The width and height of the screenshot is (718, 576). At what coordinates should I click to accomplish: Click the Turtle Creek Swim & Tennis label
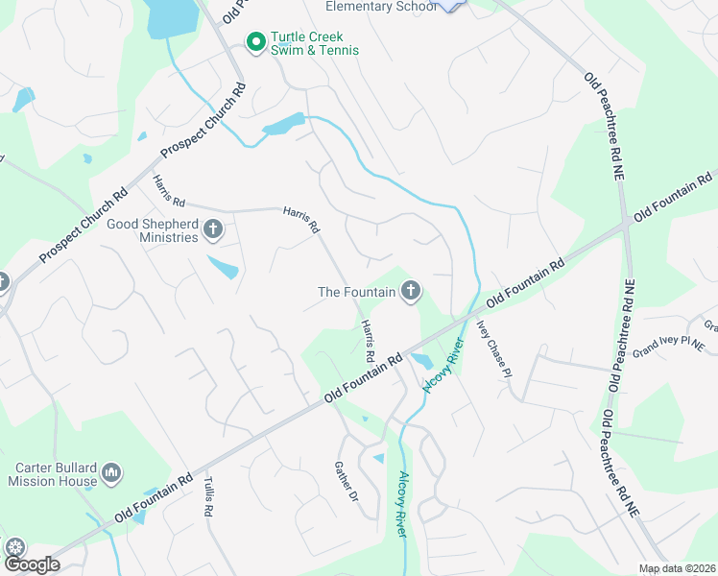pyautogui.click(x=315, y=43)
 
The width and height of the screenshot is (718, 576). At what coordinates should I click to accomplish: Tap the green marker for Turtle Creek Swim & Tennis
pyautogui.click(x=256, y=42)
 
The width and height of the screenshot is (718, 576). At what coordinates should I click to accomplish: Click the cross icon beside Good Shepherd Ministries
pyautogui.click(x=213, y=230)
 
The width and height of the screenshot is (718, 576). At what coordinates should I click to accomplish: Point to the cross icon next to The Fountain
pyautogui.click(x=411, y=291)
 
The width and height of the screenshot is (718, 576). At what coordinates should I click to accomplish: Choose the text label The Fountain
pyautogui.click(x=356, y=291)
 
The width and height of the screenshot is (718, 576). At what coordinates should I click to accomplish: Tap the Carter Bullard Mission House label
pyautogui.click(x=56, y=475)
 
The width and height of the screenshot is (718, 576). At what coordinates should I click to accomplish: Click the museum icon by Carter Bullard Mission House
pyautogui.click(x=112, y=473)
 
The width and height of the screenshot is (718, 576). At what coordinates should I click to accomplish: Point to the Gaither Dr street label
pyautogui.click(x=346, y=482)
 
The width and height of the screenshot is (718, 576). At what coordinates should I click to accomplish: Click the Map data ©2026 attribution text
pyautogui.click(x=678, y=568)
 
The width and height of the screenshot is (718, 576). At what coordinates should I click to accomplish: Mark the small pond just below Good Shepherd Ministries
pyautogui.click(x=223, y=268)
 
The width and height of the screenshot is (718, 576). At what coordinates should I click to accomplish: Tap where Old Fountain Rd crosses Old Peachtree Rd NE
pyautogui.click(x=629, y=222)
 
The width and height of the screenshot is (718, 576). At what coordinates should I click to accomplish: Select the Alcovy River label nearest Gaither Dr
pyautogui.click(x=402, y=504)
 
